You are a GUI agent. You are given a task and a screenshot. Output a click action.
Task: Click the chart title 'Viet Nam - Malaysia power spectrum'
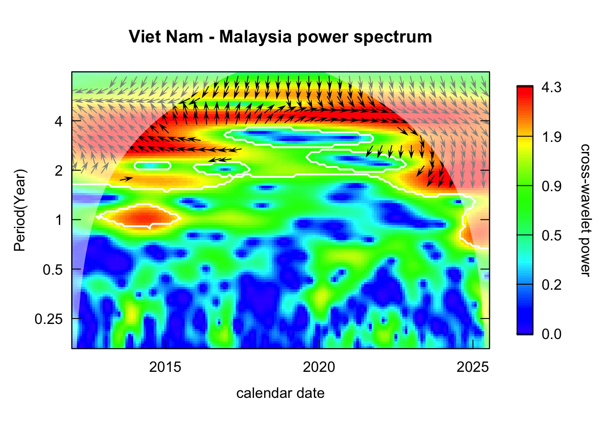pyautogui.click(x=280, y=36)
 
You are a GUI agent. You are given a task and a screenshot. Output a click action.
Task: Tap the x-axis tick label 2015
pyautogui.click(x=165, y=367)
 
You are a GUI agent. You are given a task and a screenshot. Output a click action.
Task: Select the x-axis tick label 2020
pyautogui.click(x=319, y=367)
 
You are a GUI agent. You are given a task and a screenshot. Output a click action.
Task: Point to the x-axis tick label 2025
pyautogui.click(x=473, y=367)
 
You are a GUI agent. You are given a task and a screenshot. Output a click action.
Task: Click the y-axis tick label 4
pyautogui.click(x=58, y=121)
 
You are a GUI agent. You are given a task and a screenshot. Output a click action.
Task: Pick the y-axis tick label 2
pyautogui.click(x=58, y=171)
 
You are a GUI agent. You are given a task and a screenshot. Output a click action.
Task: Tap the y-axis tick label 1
pyautogui.click(x=58, y=220)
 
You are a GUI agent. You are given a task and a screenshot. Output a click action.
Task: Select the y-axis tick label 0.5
pyautogui.click(x=52, y=270)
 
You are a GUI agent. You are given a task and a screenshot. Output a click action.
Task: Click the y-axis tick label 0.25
pyautogui.click(x=49, y=319)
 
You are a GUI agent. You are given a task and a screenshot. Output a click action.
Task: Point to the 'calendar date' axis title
pyautogui.click(x=280, y=393)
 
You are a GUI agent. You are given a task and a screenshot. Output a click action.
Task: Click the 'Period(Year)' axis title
pyautogui.click(x=20, y=210)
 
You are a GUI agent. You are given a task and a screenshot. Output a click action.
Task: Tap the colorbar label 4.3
pyautogui.click(x=551, y=88)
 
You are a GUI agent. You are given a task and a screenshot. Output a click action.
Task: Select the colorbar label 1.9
pyautogui.click(x=551, y=137)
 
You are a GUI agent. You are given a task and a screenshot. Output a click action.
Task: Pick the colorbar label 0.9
pyautogui.click(x=551, y=186)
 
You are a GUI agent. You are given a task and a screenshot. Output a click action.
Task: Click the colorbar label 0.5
pyautogui.click(x=551, y=235)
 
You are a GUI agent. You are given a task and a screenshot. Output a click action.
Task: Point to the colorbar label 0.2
pyautogui.click(x=551, y=285)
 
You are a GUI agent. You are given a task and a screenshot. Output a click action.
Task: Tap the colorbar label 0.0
pyautogui.click(x=551, y=334)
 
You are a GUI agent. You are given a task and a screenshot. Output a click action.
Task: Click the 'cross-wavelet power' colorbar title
pyautogui.click(x=585, y=210)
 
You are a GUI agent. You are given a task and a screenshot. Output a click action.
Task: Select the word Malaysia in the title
pyautogui.click(x=255, y=36)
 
